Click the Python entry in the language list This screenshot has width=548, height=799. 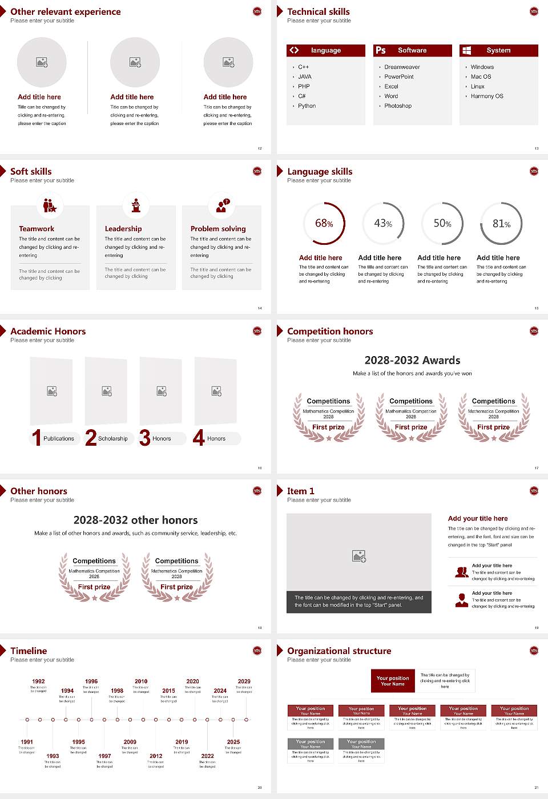tap(307, 106)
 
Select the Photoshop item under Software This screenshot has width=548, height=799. tap(398, 106)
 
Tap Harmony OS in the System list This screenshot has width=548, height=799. tap(487, 96)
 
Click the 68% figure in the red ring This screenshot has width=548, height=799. tap(324, 223)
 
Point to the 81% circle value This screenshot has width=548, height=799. tap(501, 224)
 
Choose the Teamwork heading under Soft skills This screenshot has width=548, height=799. tap(37, 229)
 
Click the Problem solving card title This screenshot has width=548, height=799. tap(218, 229)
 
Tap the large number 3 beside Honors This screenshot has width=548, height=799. tap(145, 438)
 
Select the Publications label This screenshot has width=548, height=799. tap(59, 439)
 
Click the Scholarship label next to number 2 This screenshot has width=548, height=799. tap(113, 439)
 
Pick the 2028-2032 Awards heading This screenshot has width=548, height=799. tap(412, 360)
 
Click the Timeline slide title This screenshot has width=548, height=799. tap(29, 651)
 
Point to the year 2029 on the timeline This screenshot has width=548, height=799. tap(244, 681)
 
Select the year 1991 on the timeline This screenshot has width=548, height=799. tap(27, 742)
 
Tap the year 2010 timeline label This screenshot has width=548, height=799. tap(141, 681)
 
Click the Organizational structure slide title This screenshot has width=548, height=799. tap(339, 651)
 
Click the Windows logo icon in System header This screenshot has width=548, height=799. tap(467, 50)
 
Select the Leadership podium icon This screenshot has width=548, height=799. tap(136, 205)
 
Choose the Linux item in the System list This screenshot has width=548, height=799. tap(478, 87)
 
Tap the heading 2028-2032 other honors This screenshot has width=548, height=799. tap(135, 520)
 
